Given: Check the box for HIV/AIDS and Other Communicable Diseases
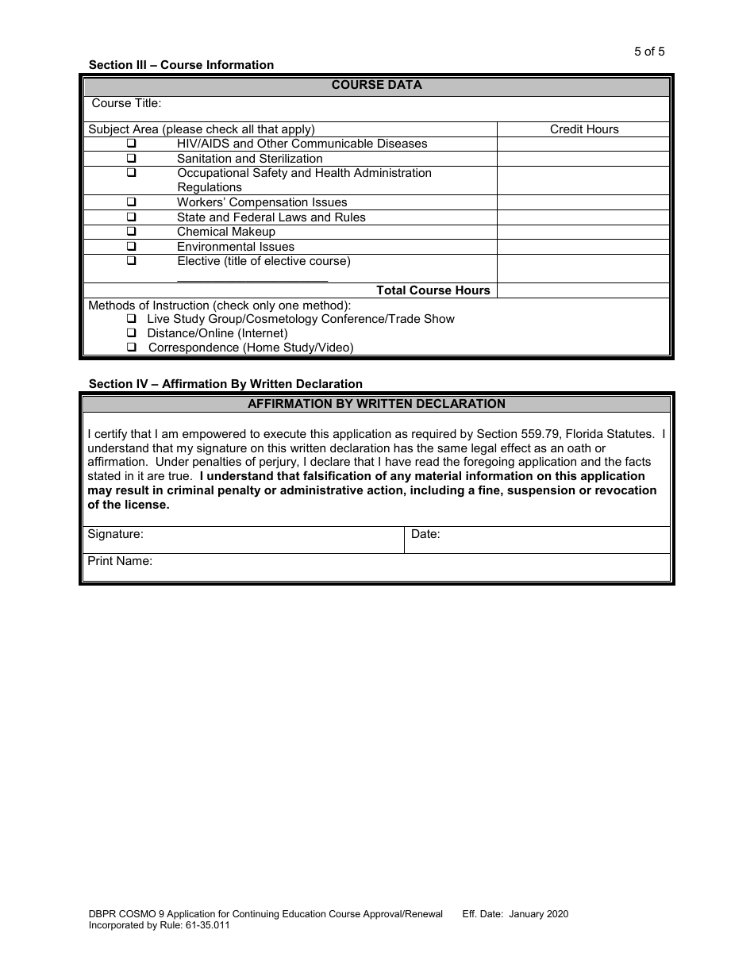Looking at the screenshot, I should (x=131, y=144).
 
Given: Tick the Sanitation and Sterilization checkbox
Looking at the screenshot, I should (x=131, y=159).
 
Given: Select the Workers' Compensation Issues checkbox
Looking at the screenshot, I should (x=131, y=202).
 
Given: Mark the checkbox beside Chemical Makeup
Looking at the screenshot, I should (x=131, y=232).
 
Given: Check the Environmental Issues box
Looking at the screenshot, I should (x=131, y=247).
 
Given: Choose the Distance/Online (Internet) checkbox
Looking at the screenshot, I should (x=131, y=333).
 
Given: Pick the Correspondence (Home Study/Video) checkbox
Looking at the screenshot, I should (x=131, y=348).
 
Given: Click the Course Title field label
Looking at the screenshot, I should (x=126, y=103).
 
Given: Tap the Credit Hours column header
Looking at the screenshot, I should (x=584, y=129).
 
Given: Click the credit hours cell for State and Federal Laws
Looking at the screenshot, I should (x=583, y=217).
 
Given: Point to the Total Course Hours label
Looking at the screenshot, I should (x=433, y=290).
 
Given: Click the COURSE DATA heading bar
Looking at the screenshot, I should (x=376, y=85).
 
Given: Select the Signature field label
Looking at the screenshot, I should (x=115, y=534).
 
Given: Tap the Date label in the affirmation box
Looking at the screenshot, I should (x=425, y=534).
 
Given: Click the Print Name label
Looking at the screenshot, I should (x=120, y=561).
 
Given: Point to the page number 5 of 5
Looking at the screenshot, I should (x=649, y=52).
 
